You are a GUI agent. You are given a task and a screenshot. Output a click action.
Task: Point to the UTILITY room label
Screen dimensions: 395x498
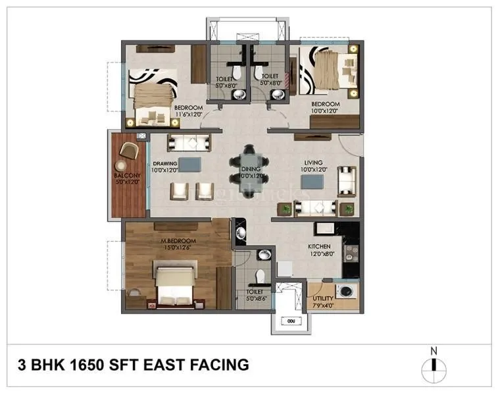click(x=322, y=298)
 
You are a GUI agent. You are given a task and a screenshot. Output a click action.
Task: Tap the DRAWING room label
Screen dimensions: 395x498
click(x=166, y=163)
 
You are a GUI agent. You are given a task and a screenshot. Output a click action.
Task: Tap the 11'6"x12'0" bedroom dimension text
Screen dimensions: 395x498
click(x=188, y=115)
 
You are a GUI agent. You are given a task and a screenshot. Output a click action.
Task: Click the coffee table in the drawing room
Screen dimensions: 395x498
click(x=191, y=163)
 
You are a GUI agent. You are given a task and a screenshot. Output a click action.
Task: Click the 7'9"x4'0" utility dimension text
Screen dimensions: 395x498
click(x=322, y=305)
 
